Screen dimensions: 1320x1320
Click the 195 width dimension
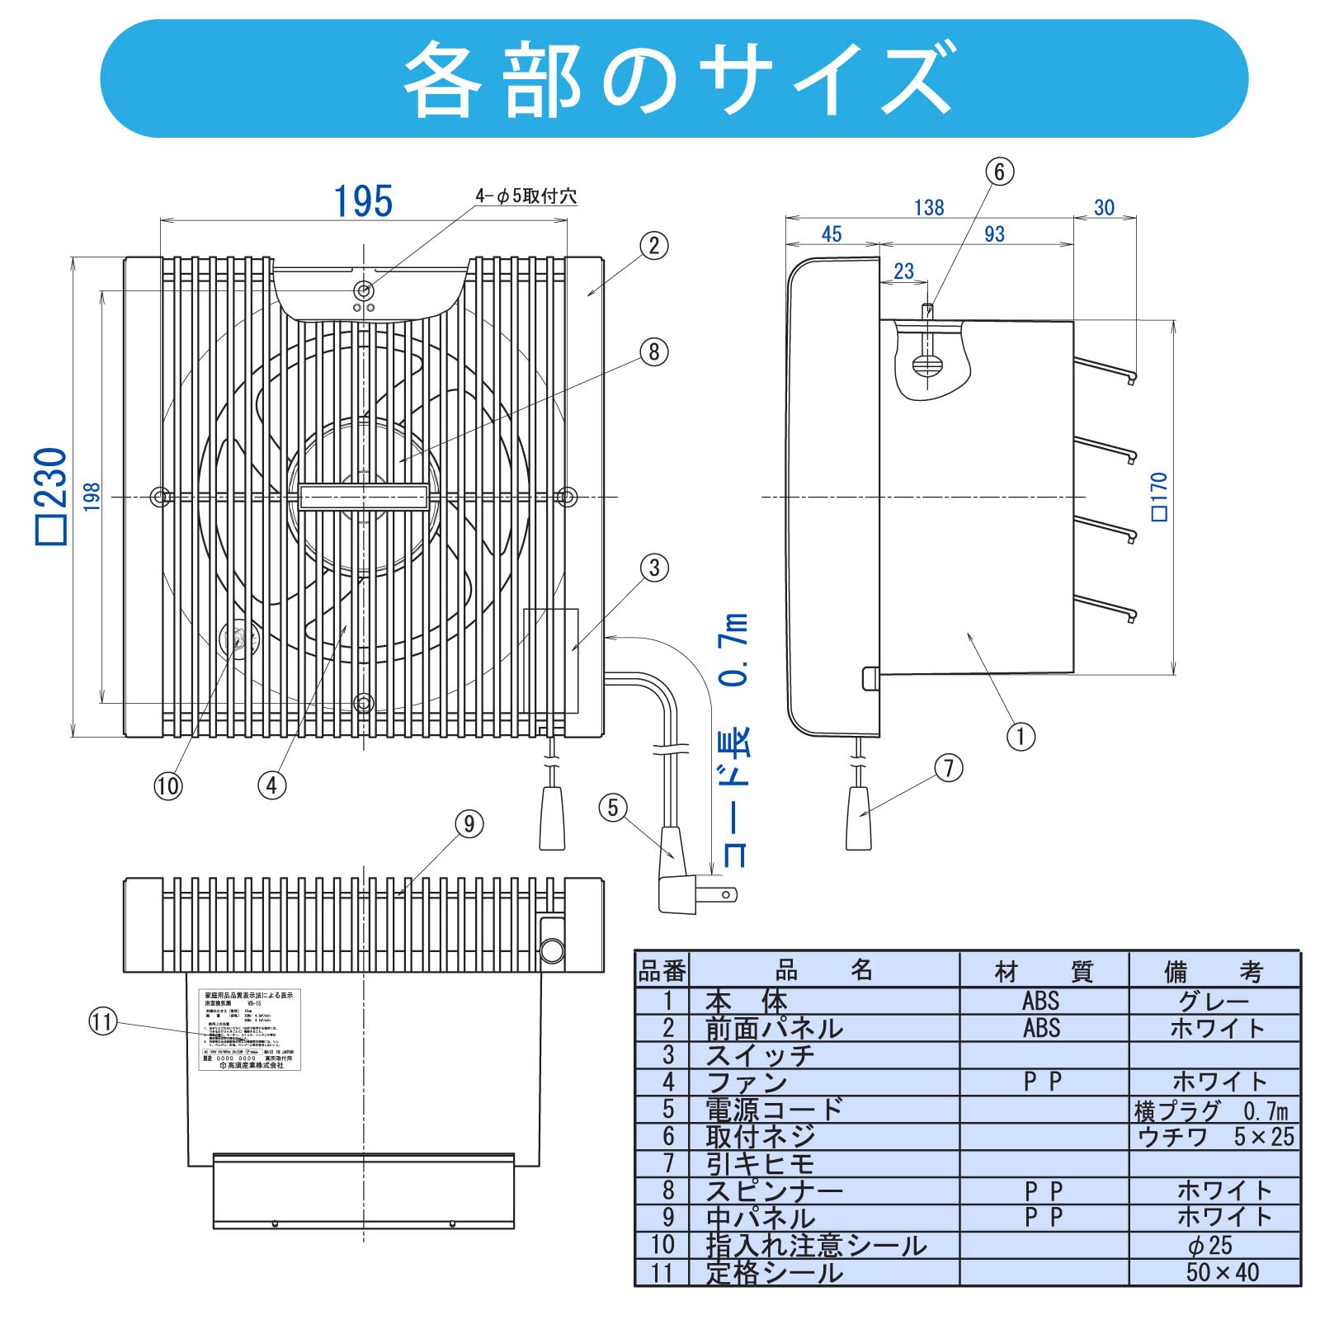pos(363,201)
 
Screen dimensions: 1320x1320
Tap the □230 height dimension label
pos(51,495)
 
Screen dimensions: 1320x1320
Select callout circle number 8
pos(654,352)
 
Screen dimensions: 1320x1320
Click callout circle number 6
pos(999,172)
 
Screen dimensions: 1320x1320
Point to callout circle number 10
pos(167,785)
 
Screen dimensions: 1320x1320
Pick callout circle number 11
pos(102,1022)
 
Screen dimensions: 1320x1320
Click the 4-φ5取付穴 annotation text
pos(526,196)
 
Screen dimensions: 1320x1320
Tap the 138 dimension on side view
pos(928,208)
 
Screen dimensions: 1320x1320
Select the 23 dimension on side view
pos(903,271)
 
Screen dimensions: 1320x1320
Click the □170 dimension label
pos(1159,497)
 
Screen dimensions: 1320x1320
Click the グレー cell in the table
pos(1214,1002)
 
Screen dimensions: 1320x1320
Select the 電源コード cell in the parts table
pos(774,1110)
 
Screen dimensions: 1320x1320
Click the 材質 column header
pos(1044,972)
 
